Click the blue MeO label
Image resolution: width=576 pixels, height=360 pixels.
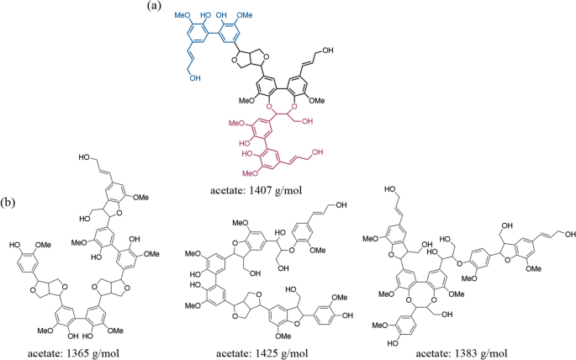click(183, 15)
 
